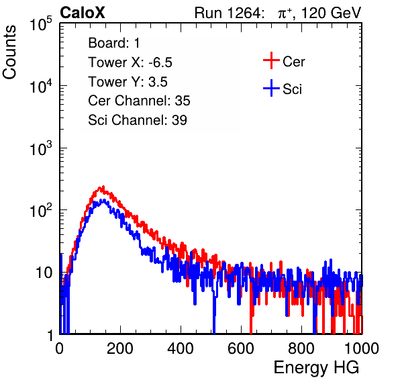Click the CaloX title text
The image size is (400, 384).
click(83, 13)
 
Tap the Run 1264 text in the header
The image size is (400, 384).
click(228, 13)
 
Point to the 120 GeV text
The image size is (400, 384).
click(332, 13)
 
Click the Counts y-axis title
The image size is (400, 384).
click(9, 52)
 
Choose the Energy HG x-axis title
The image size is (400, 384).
click(316, 368)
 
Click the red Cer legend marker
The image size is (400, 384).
click(271, 60)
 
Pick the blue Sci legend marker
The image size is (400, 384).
click(271, 88)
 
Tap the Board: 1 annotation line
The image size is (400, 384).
click(114, 43)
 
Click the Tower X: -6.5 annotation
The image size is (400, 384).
click(130, 62)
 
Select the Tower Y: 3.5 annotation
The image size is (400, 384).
click(128, 82)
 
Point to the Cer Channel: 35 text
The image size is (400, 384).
click(139, 101)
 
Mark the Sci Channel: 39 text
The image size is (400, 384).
click(138, 120)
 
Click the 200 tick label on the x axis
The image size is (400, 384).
click(120, 348)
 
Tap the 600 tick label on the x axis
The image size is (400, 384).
click(241, 348)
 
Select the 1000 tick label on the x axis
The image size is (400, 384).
click(362, 348)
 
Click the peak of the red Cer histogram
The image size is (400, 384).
click(103, 187)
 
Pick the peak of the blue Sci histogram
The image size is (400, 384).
click(103, 200)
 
